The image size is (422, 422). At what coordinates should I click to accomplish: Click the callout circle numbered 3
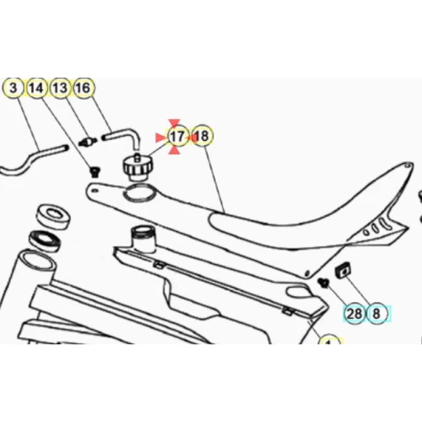click(x=14, y=88)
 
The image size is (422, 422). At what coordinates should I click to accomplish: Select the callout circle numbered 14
click(x=36, y=88)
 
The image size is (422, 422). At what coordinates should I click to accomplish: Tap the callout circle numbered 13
click(x=60, y=88)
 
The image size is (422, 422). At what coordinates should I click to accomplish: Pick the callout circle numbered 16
click(x=84, y=88)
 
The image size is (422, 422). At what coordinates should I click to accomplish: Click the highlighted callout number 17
click(x=177, y=137)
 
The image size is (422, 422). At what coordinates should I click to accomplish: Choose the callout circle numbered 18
click(x=202, y=137)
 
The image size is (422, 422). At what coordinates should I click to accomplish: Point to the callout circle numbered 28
click(x=354, y=313)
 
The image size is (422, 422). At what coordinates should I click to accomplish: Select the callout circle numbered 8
click(x=376, y=313)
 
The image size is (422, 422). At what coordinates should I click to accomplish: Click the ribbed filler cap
click(x=137, y=168)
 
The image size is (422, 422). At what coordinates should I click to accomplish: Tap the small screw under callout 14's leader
click(x=95, y=171)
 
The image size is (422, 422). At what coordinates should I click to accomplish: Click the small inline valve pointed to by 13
click(x=88, y=141)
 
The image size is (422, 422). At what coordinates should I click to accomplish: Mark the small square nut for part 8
click(x=344, y=270)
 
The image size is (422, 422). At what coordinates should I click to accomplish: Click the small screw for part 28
click(x=323, y=282)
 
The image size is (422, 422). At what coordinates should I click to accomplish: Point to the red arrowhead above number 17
click(x=174, y=122)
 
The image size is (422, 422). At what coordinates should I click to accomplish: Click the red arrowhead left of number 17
click(x=160, y=138)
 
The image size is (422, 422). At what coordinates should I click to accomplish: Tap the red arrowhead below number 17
click(x=174, y=150)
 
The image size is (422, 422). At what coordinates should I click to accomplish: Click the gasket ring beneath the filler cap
click(x=140, y=193)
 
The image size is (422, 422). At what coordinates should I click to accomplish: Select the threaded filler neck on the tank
click(x=143, y=238)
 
